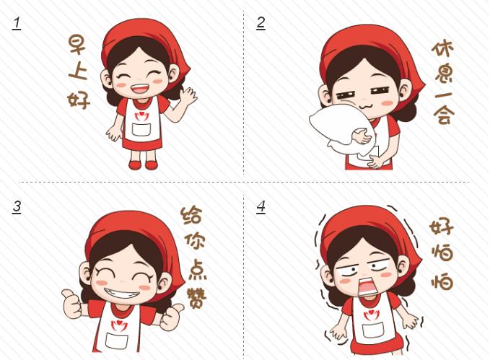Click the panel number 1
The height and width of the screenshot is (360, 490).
tap(17, 24)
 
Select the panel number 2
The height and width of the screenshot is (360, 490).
tap(261, 23)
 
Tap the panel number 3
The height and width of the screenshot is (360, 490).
tap(17, 208)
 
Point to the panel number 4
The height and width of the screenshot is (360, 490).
tap(261, 208)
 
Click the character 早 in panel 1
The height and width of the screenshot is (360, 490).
tap(77, 45)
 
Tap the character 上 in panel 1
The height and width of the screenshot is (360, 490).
tap(77, 71)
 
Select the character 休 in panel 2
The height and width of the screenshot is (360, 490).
tap(442, 48)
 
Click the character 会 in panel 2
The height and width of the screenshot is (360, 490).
tap(444, 115)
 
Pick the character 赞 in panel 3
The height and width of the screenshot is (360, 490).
tap(196, 298)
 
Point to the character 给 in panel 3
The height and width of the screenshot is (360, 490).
tap(191, 215)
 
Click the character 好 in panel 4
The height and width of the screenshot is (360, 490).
tap(441, 227)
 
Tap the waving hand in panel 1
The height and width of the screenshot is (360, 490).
tap(188, 96)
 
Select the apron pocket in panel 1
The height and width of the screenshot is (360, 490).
tap(141, 129)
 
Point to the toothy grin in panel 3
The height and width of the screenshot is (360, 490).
tap(122, 293)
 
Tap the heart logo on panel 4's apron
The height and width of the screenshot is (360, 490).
tap(369, 315)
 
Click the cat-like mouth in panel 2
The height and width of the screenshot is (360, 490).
tap(364, 107)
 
